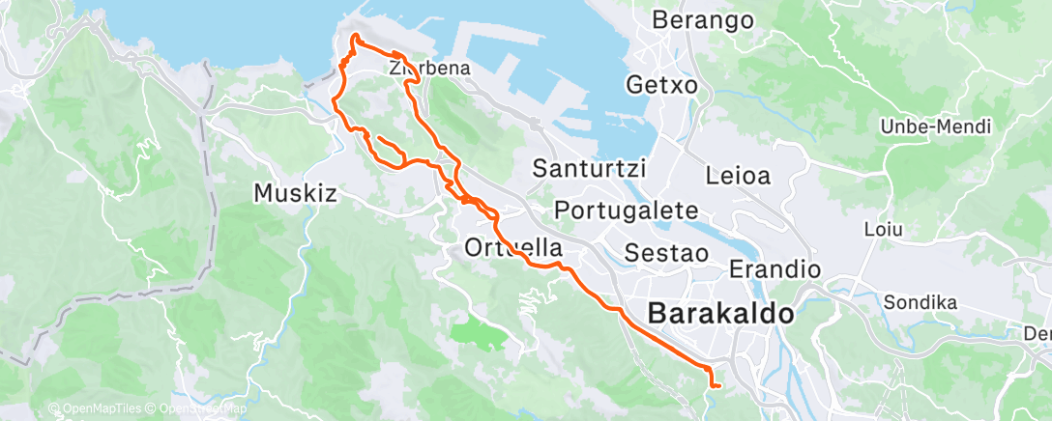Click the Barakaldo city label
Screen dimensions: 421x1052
pos(720,313)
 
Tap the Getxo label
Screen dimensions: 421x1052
pos(661,85)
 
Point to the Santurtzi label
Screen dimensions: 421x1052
pos(590,168)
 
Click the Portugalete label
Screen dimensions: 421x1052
pos(627,210)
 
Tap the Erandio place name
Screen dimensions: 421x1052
pos(774,268)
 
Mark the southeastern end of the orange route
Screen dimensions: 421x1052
pos(716,386)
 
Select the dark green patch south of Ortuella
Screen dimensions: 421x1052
pos(479,334)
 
